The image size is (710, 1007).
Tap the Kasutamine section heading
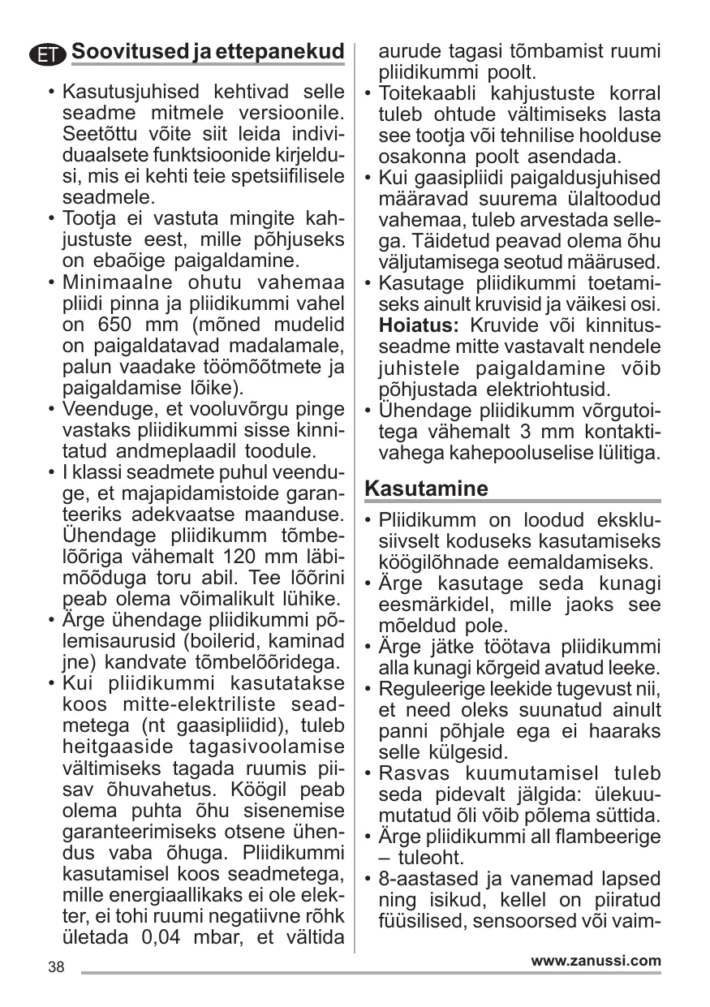(x=427, y=488)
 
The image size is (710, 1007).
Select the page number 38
(x=56, y=967)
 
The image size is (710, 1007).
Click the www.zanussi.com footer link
(x=596, y=961)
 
